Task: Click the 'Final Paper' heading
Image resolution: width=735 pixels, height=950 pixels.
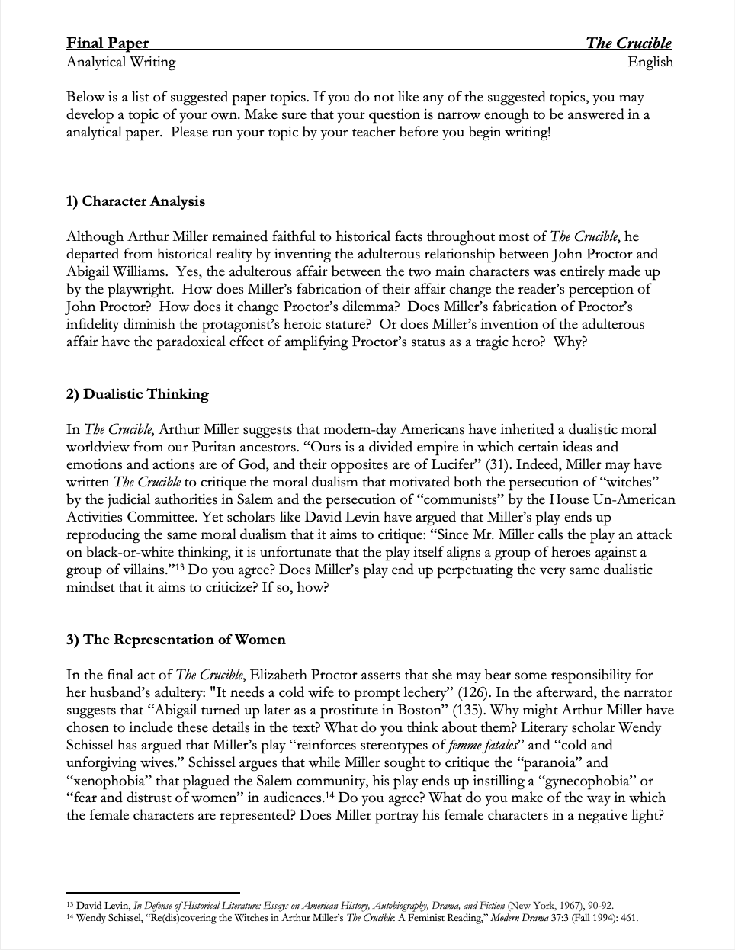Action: click(108, 43)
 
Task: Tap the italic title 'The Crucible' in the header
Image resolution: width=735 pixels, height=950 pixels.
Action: click(628, 43)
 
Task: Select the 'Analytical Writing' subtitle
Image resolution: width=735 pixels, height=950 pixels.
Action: click(120, 62)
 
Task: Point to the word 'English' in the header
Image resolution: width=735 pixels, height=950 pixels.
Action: click(650, 62)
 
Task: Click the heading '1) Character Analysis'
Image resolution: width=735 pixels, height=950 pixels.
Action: click(136, 201)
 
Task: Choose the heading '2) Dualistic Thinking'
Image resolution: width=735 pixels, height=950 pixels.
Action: click(137, 394)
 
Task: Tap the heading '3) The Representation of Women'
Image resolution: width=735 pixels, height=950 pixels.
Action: click(175, 640)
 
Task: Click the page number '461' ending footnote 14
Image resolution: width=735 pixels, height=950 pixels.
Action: click(627, 918)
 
